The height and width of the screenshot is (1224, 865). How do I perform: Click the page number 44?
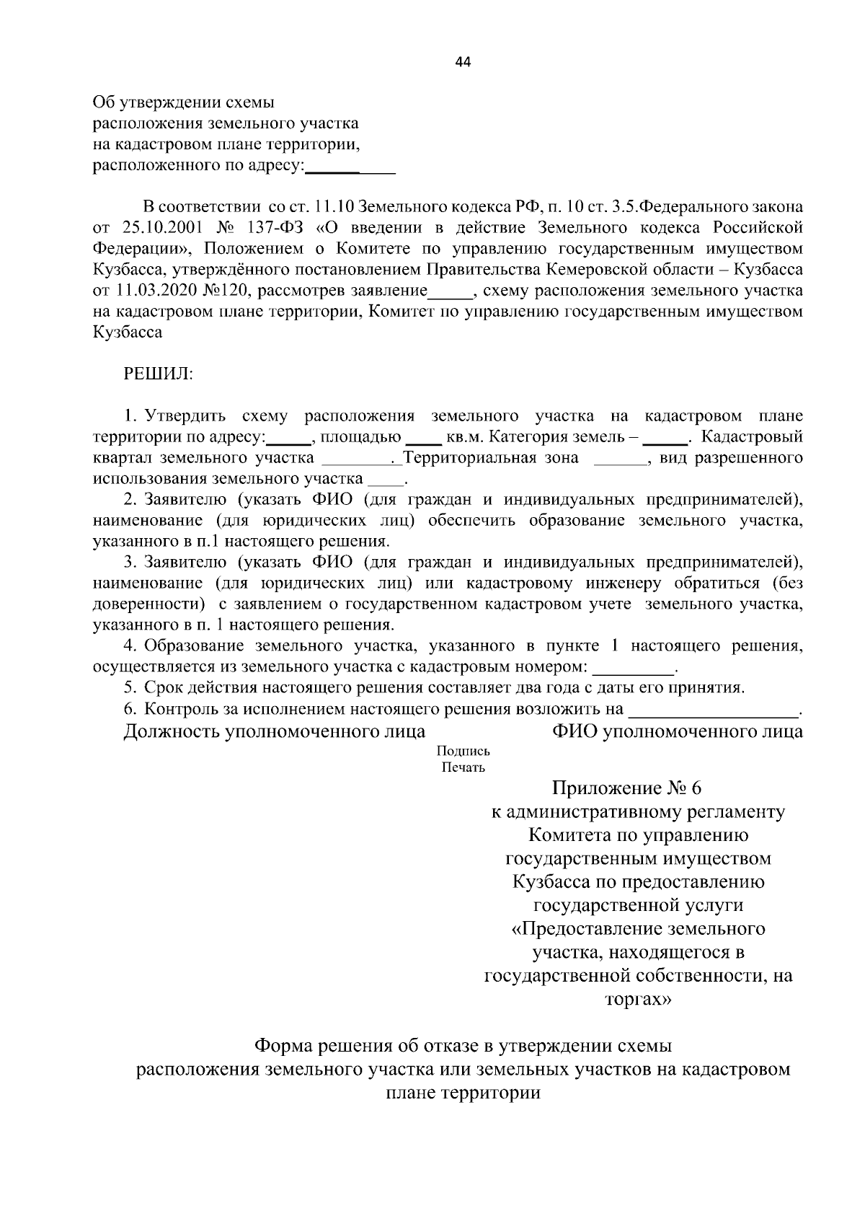click(x=463, y=62)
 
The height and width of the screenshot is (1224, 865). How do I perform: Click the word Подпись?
click(x=463, y=750)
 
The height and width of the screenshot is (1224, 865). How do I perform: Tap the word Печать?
click(x=463, y=767)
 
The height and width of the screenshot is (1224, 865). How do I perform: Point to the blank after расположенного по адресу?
click(x=351, y=170)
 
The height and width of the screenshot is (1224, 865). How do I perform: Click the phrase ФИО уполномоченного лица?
click(x=677, y=731)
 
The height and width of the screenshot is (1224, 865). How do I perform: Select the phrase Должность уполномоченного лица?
click(x=274, y=731)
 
